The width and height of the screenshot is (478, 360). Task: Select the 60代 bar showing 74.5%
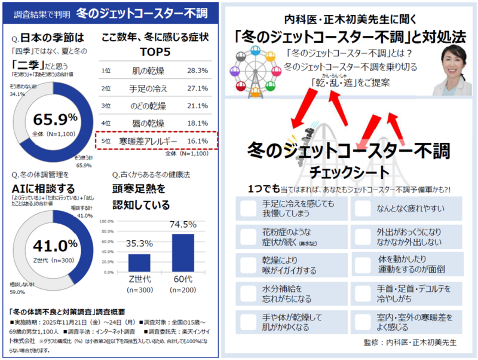click(x=183, y=252)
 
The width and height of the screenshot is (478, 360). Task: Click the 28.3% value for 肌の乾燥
click(x=198, y=71)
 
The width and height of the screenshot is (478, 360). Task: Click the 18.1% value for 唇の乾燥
click(x=198, y=123)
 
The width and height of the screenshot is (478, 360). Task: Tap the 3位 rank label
click(x=107, y=106)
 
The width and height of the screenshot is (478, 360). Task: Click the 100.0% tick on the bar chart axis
click(x=106, y=221)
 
